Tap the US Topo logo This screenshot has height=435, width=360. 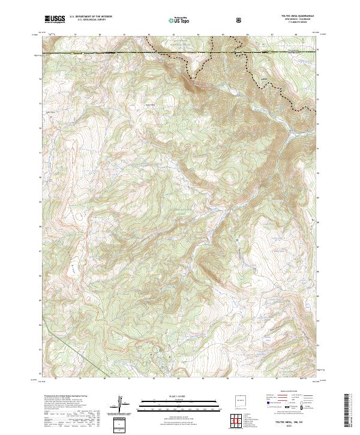pyautogui.click(x=175, y=20)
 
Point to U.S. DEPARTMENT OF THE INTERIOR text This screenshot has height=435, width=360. pyautogui.click(x=91, y=17)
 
